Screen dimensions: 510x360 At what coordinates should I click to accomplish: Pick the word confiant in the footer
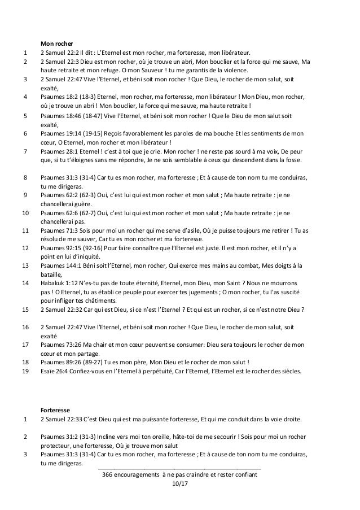click(x=243, y=476)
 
